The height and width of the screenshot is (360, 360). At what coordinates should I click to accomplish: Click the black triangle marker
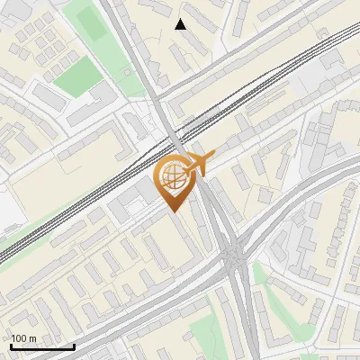coord(181,24)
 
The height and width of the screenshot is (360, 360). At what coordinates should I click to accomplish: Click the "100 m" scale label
coord(24,337)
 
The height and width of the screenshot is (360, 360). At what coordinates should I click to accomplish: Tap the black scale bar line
coord(42,346)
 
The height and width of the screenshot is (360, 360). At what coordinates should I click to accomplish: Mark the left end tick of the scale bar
coord(12,345)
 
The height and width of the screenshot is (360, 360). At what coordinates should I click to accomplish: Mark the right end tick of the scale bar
coord(74,345)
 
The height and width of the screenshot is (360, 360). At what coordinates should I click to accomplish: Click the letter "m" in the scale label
coord(32,337)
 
